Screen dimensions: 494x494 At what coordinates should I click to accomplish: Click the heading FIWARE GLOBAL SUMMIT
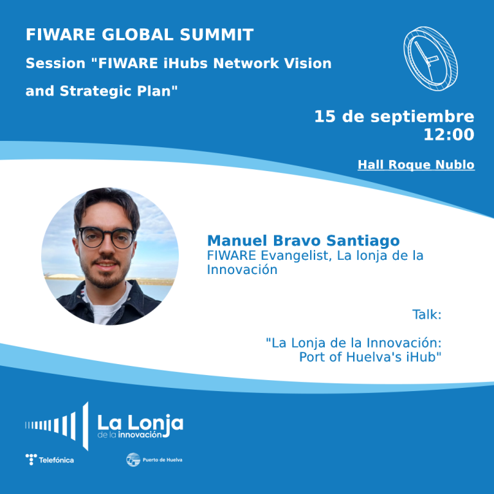tap(140, 35)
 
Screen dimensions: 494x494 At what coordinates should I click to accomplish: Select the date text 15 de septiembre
tap(394, 117)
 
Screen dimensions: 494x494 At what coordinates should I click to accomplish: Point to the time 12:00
tap(448, 135)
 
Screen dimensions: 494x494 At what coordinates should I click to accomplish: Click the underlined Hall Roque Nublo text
tap(416, 165)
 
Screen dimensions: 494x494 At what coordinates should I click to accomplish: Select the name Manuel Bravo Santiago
tap(303, 241)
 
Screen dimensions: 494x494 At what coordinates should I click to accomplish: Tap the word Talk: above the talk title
tap(426, 315)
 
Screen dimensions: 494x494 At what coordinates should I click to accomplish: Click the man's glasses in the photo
tap(107, 237)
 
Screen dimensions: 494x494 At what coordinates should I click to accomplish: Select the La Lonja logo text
tap(140, 423)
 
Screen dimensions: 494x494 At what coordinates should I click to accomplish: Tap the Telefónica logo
tap(50, 459)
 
